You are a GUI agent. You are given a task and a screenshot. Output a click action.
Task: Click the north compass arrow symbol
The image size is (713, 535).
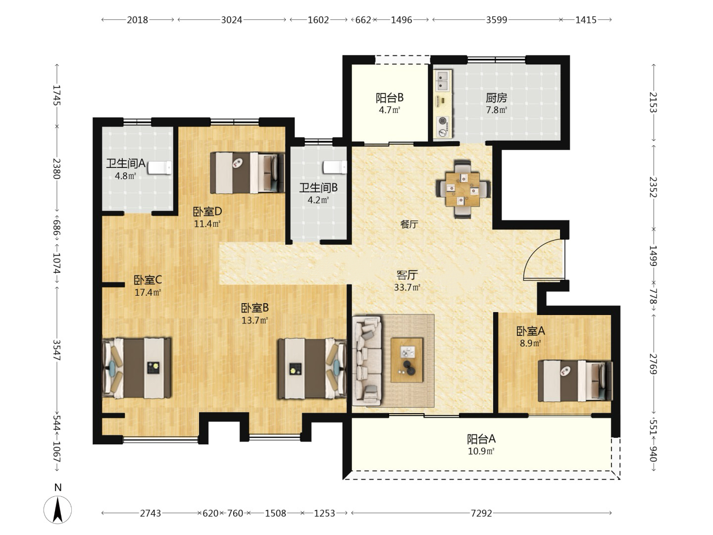(57, 510)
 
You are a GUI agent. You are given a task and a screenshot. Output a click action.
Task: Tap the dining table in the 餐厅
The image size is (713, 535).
(462, 189)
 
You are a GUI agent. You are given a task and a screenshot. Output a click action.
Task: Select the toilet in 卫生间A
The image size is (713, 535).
(159, 167)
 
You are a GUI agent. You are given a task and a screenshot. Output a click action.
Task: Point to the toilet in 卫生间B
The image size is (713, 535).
(335, 167)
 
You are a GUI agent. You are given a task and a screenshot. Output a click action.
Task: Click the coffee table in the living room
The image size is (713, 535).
(407, 360)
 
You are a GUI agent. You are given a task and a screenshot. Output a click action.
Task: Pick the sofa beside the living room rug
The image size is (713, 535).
(367, 361)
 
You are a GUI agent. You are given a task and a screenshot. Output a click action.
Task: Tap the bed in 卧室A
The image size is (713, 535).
(575, 381)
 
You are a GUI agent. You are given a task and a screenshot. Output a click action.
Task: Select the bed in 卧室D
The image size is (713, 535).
(247, 173)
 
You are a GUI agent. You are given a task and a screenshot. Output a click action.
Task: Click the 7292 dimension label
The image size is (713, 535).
(481, 513)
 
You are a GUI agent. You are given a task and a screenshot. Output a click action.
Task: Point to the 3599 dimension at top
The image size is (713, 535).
(496, 20)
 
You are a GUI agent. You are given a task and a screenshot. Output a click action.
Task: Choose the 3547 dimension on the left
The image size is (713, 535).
(56, 350)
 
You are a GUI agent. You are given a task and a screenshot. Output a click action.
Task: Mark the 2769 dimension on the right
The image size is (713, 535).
(653, 364)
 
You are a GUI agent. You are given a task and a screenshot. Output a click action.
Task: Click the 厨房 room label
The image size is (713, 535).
(496, 98)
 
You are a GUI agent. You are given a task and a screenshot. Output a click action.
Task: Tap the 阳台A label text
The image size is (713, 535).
(481, 439)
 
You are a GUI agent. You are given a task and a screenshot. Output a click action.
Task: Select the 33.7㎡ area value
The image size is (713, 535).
(407, 287)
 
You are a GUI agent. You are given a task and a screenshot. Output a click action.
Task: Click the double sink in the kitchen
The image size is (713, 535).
(443, 81)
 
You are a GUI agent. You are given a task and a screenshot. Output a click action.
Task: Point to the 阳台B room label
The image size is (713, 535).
(390, 98)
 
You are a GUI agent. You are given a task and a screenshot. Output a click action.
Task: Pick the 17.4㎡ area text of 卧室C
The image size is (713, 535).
(148, 292)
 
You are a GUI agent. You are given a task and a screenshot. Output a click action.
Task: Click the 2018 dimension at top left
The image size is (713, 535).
(138, 20)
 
